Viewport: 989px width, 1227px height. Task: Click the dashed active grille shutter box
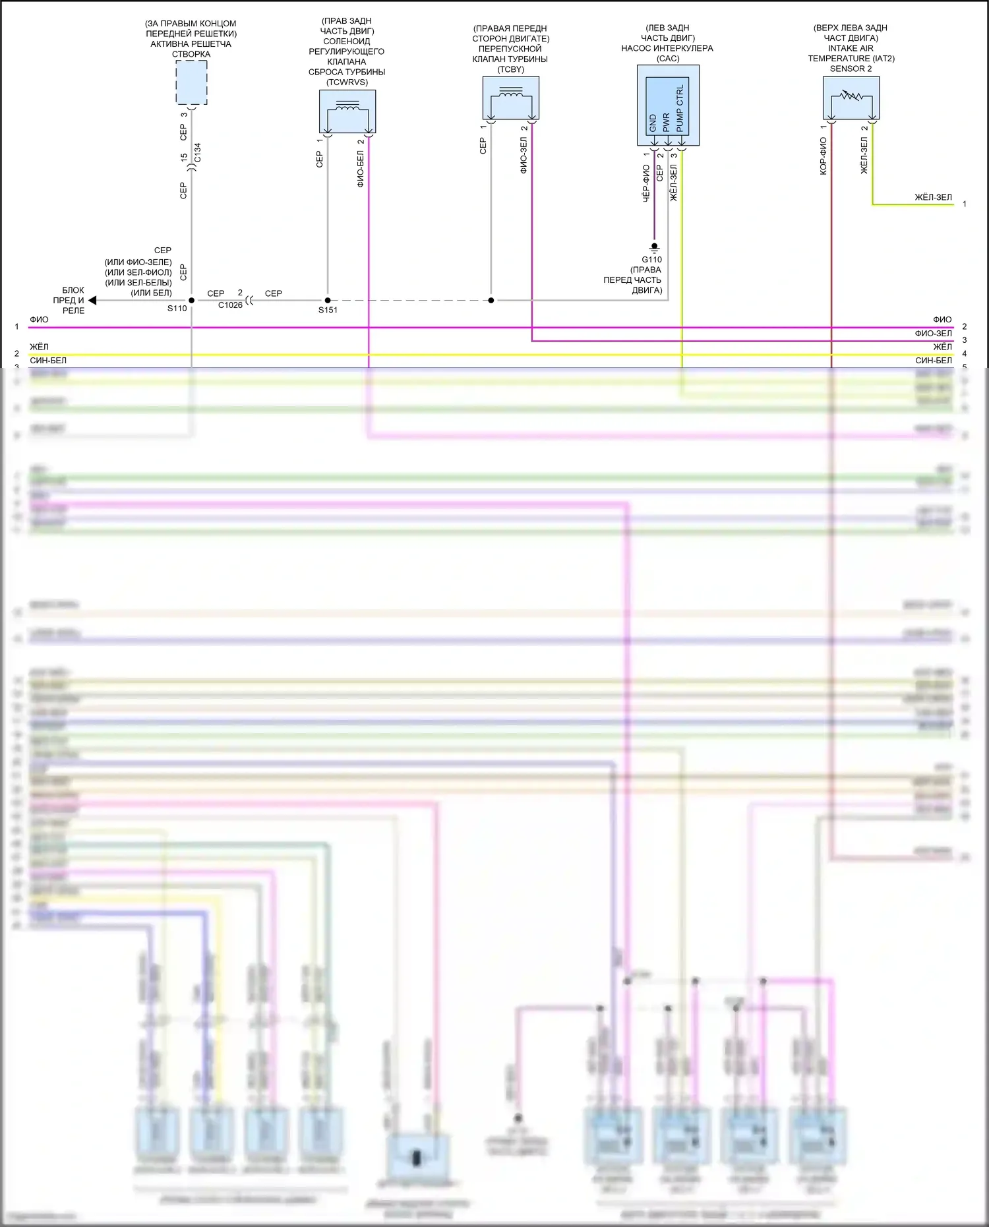click(x=191, y=82)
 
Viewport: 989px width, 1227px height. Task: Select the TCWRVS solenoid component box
click(x=347, y=111)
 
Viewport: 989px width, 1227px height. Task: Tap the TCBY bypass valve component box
click(x=511, y=98)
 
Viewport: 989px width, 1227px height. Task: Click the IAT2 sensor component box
click(x=851, y=98)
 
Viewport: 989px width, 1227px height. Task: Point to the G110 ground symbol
click(x=654, y=248)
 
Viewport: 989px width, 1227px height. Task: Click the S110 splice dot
click(x=192, y=301)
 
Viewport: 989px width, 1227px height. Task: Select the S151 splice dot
click(x=328, y=301)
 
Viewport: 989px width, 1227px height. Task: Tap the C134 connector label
click(x=198, y=152)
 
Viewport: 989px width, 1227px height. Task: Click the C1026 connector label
click(x=230, y=305)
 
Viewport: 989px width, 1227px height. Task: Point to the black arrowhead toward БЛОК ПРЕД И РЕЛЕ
click(x=92, y=301)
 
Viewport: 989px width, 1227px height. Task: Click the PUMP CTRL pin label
click(x=680, y=107)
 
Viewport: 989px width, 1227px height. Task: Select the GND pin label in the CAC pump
click(x=653, y=123)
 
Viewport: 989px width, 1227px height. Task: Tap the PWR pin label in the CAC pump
click(x=667, y=122)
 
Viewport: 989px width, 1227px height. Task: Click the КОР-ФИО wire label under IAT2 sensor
click(x=823, y=156)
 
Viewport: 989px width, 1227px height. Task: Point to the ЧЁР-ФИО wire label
click(x=646, y=183)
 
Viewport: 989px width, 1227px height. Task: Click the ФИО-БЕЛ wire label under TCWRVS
click(x=361, y=169)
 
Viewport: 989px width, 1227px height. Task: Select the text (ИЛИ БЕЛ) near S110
click(x=151, y=293)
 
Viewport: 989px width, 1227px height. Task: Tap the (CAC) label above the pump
click(x=668, y=59)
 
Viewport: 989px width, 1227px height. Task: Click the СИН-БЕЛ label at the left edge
click(x=48, y=361)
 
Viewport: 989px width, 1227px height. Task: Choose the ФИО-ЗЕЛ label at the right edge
click(x=933, y=334)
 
